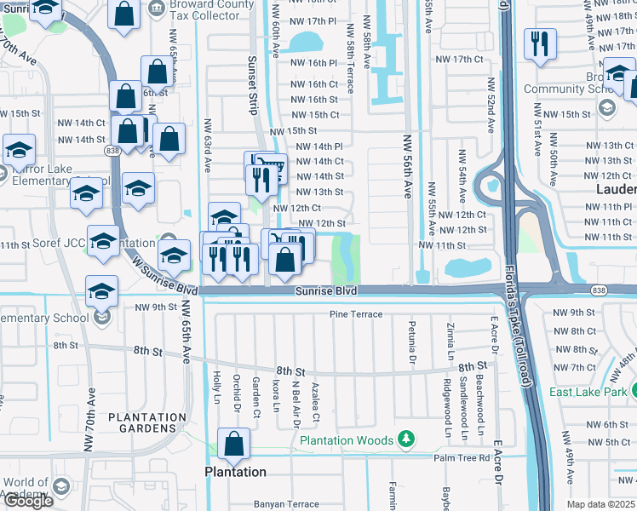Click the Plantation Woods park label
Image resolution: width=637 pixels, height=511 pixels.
pos(347,440)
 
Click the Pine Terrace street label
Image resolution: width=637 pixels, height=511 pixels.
pos(356,314)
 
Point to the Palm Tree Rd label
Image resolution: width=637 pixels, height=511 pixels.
pos(462,457)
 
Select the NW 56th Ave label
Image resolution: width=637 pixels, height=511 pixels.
pos(407,170)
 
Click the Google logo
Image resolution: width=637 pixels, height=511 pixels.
pos(28,501)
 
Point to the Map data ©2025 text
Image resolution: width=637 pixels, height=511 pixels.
pos(600,504)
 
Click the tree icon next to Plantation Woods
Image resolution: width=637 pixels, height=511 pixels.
pos(407,439)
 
